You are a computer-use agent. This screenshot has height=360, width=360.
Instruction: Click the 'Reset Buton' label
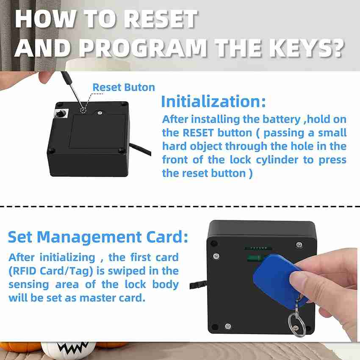pos(124,87)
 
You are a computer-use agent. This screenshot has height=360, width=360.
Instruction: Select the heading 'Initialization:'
pos(213,101)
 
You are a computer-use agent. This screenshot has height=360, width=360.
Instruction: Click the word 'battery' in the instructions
pos(281,119)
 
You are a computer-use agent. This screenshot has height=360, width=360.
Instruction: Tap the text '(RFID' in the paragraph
pos(22,271)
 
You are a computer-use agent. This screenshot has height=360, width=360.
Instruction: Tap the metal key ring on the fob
pos(296,324)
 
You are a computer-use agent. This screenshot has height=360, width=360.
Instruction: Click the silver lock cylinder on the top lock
pos(61,114)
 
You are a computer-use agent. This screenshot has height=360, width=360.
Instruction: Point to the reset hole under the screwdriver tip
pos(83,110)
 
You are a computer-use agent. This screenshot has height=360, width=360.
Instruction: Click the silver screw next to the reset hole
pos(100,113)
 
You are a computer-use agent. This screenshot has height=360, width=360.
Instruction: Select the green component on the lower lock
pos(255,258)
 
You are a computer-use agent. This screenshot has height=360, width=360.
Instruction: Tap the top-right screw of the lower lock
pos(299,245)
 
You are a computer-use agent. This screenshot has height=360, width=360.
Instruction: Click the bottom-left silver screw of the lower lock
pos(228,326)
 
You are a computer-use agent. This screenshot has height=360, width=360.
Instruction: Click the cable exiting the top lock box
pos(140,149)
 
